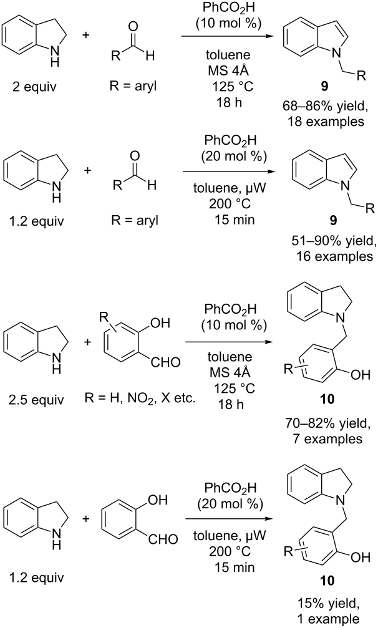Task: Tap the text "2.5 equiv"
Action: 36,399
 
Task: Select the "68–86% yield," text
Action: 325,107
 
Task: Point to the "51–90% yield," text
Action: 334,241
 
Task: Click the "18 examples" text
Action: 326,121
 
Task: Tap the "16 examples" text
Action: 334,256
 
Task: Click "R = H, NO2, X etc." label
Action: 140,399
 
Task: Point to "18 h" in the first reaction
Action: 230,102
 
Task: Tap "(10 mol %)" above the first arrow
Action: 228,24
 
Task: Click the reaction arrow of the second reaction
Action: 230,172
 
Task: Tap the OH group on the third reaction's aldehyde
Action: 160,322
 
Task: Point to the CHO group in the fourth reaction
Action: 163,539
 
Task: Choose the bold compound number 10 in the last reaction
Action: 327,581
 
